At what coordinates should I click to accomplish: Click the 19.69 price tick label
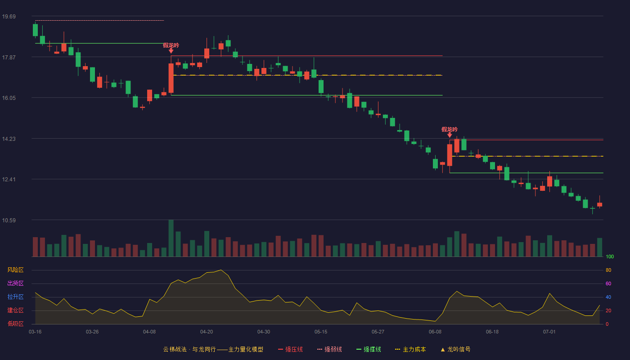coord(9,17)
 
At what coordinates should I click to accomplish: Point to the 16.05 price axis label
coord(9,98)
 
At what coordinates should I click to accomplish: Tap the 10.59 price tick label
coord(9,220)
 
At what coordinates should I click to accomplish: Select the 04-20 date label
coord(207,332)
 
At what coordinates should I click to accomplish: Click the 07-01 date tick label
coord(549,332)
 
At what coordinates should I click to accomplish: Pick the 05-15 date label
coord(321,332)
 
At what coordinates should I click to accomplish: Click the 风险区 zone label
coord(15,270)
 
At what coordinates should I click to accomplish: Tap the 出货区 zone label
coord(15,283)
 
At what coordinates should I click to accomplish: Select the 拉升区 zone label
coord(15,297)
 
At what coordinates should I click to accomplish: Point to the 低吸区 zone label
coord(15,324)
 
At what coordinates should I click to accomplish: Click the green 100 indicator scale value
coord(610,256)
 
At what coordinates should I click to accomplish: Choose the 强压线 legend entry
coord(290,349)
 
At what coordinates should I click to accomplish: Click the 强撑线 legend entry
coord(369,349)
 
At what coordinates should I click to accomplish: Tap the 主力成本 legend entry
coord(410,349)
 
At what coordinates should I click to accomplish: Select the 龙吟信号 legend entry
coord(455,349)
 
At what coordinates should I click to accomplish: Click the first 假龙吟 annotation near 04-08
coord(171,45)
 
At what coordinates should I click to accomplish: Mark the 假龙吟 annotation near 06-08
coord(450,130)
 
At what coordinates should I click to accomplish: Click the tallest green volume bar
coord(171,238)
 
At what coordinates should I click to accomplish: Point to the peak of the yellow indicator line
coord(221,270)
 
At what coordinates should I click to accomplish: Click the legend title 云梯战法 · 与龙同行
coord(189,349)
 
